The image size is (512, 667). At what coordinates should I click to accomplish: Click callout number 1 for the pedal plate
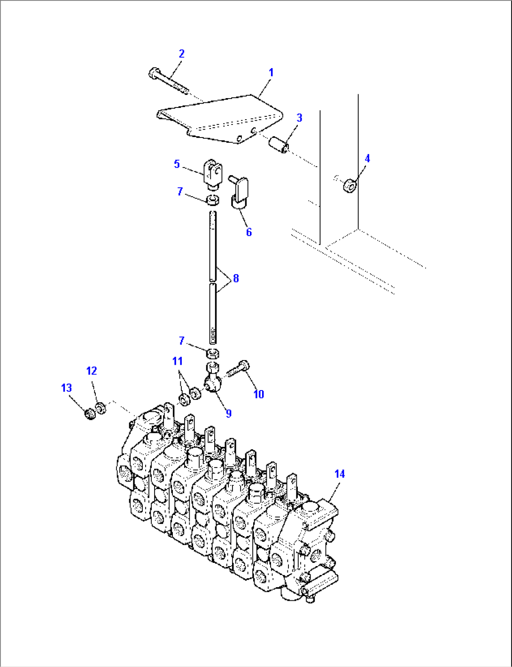[x=271, y=73]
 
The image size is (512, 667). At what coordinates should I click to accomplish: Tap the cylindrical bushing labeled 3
[x=278, y=144]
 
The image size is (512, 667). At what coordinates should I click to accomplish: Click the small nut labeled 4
[x=349, y=185]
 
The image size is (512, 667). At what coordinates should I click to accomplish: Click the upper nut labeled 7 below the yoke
[x=213, y=200]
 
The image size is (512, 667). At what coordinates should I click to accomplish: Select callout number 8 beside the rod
[x=235, y=278]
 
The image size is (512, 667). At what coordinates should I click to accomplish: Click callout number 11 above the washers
[x=177, y=361]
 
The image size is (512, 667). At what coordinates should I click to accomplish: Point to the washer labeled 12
[x=100, y=408]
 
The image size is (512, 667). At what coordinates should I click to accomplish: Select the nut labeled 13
[x=90, y=414]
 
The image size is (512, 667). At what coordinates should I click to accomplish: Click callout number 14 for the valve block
[x=339, y=474]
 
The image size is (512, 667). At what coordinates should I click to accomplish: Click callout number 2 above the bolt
[x=181, y=54]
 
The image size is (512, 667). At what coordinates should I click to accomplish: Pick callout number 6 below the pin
[x=248, y=232]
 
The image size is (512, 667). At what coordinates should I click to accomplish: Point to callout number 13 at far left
[x=66, y=388]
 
